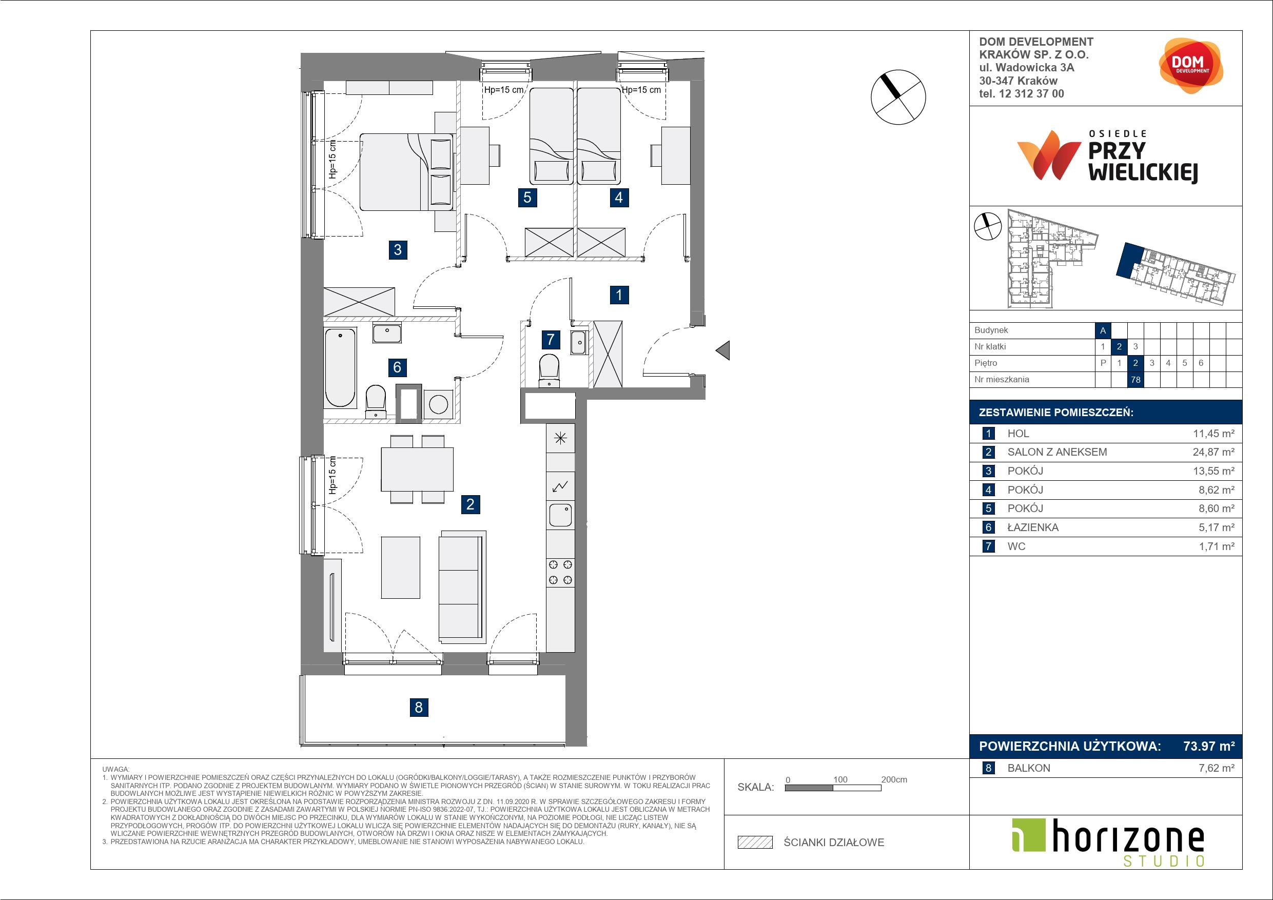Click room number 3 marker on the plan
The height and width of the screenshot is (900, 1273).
(398, 249)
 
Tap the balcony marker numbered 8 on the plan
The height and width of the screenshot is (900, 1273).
(419, 707)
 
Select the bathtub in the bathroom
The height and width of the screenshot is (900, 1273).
(340, 368)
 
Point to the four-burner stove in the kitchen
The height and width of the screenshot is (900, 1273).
(560, 573)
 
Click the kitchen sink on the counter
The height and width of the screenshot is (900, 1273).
(560, 515)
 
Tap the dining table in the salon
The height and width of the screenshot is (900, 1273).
(417, 469)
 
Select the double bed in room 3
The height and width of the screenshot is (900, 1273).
(406, 172)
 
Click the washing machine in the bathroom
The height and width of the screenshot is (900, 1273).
(438, 404)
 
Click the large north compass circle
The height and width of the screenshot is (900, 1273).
(898, 97)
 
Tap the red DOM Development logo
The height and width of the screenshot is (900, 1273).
(1190, 66)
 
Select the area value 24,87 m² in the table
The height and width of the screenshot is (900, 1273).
(1213, 452)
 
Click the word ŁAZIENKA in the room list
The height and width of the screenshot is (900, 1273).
(1033, 527)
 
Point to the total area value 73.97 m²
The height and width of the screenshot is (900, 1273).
(1209, 747)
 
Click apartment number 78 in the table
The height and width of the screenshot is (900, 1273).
(1135, 380)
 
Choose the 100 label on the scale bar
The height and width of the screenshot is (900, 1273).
(840, 779)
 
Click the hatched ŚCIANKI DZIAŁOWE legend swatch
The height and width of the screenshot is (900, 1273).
(755, 843)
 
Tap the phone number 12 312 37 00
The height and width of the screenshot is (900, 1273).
(1031, 94)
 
